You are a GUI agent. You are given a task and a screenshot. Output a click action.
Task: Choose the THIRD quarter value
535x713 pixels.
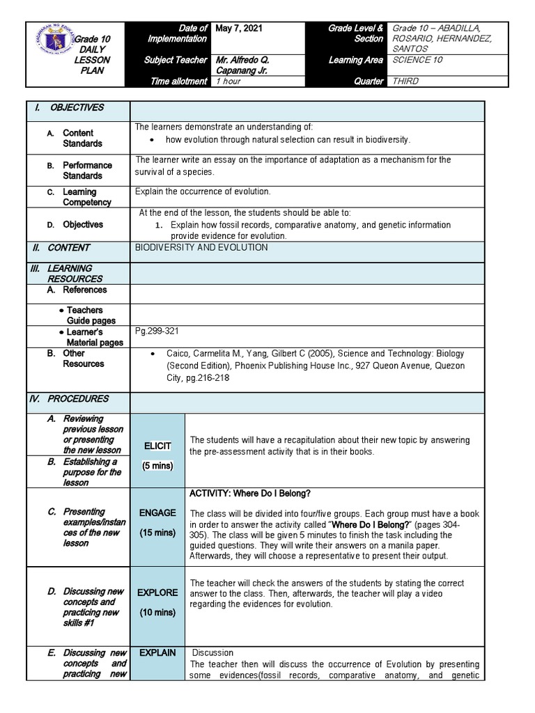406,81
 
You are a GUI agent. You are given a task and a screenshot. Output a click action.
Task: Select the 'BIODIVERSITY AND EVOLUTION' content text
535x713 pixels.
201,248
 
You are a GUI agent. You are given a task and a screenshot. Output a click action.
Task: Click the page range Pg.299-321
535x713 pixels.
158,331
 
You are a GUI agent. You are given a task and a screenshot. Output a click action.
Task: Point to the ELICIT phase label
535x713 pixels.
157,446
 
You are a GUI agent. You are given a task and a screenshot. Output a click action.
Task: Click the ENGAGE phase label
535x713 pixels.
157,513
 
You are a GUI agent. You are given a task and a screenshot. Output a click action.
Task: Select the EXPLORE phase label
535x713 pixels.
157,593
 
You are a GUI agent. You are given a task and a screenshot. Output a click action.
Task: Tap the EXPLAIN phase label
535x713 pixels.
157,653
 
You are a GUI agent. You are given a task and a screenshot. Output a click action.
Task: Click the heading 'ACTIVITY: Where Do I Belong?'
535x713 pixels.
250,494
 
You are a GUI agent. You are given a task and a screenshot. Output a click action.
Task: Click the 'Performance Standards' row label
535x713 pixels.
87,171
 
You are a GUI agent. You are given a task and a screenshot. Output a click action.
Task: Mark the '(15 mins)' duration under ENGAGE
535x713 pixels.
157,533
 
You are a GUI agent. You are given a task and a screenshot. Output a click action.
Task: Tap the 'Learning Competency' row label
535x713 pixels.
86,197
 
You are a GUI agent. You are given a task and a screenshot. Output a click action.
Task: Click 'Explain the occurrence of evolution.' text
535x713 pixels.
203,191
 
